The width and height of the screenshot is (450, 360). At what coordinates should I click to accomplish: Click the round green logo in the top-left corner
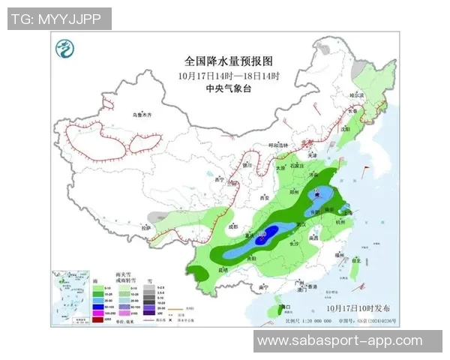coord(68,50)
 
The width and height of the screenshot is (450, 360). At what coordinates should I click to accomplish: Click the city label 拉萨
coord(147,226)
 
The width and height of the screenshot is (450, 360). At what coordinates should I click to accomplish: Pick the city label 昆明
coord(222,268)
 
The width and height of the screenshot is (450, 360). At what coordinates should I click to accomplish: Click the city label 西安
coord(264,197)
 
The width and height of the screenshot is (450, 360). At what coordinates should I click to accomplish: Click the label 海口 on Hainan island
coord(283,307)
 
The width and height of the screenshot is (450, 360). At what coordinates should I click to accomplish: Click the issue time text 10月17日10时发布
coord(358,307)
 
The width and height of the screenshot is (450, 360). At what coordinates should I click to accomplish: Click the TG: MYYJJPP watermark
coord(59,19)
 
